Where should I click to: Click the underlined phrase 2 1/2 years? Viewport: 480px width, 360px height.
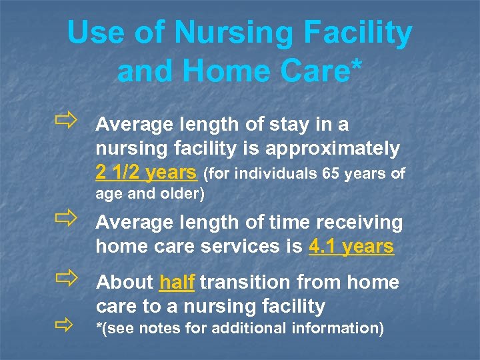(x=146, y=173)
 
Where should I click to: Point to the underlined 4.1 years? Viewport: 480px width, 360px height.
(x=351, y=247)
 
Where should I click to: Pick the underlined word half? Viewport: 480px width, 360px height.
(x=177, y=283)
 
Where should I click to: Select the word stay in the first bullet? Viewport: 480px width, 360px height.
(x=278, y=125)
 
